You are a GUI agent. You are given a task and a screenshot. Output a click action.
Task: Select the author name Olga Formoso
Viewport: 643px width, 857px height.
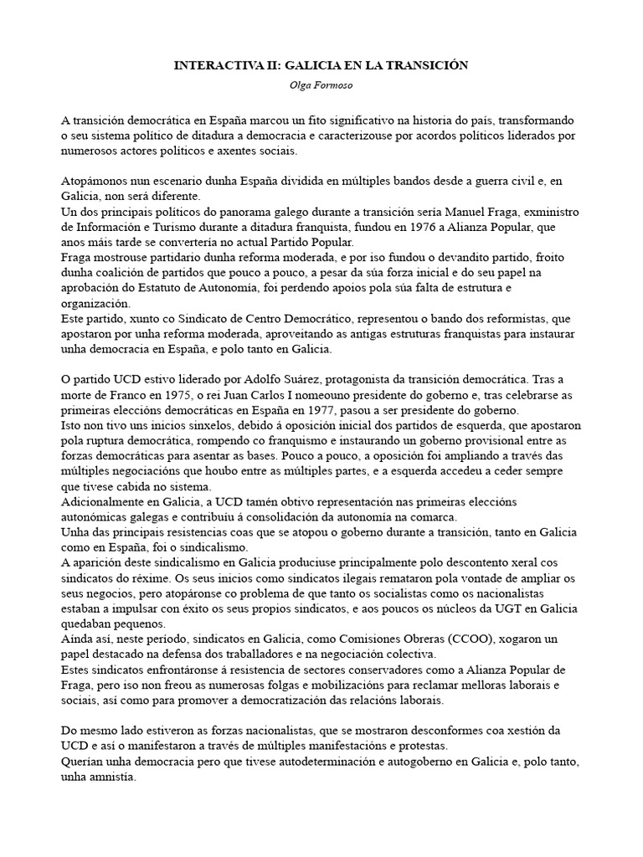click(321, 84)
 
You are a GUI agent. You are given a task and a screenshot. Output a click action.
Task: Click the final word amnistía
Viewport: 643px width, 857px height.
click(107, 777)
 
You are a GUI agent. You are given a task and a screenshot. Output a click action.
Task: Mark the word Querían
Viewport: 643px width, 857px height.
click(82, 762)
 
